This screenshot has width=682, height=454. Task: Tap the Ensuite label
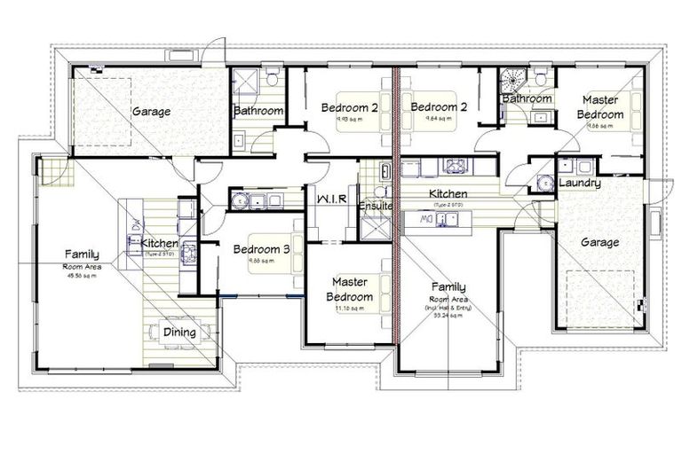(376, 207)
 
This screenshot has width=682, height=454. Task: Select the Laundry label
(579, 184)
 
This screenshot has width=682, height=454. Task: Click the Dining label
(180, 333)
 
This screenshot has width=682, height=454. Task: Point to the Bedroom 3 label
(261, 249)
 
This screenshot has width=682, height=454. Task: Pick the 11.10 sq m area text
(350, 308)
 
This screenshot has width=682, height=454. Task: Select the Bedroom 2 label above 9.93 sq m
(350, 107)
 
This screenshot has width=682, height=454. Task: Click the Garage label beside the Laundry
(599, 242)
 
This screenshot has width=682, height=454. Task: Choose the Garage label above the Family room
(151, 112)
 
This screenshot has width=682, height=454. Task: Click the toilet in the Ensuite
(379, 191)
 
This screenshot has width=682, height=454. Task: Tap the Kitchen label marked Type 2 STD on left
(160, 244)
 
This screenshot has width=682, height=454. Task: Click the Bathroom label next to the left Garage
(258, 111)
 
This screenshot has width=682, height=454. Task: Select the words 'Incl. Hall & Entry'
(448, 307)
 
